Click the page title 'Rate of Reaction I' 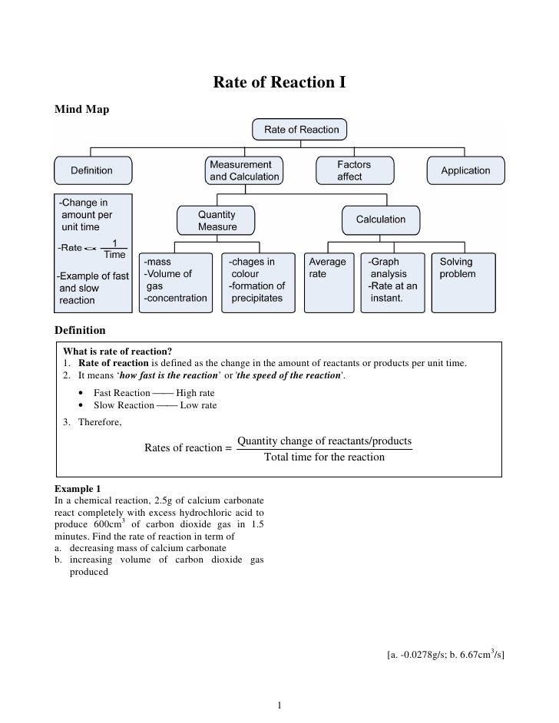coord(279,81)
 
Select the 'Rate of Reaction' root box coord(301,130)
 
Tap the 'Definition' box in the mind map coord(92,170)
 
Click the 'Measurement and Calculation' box coord(243,170)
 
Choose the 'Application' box coord(465,170)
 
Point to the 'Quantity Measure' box coord(217,220)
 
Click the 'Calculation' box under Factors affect coord(380,220)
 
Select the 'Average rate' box coord(328,280)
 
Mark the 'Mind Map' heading coord(82,110)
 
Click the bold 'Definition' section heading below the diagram coord(80,330)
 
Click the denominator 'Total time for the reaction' coord(324,457)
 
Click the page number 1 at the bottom coord(280,705)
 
